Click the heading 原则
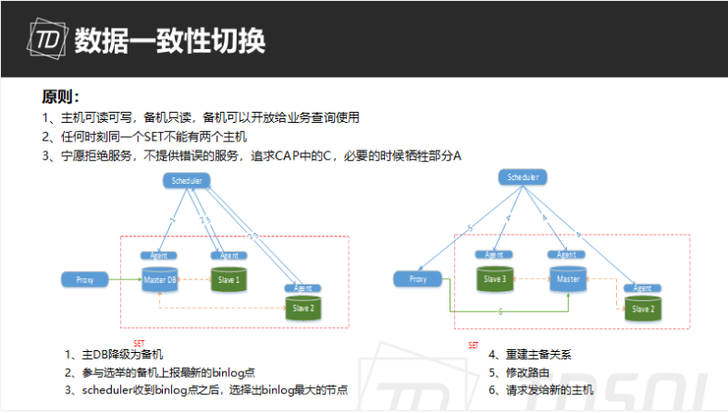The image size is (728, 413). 60,97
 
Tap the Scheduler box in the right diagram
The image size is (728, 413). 524,176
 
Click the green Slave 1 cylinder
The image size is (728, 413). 228,278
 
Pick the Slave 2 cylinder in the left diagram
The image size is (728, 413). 305,308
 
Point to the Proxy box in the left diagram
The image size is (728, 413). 81,277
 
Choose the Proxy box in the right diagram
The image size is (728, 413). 415,277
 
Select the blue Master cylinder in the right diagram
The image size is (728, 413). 565,278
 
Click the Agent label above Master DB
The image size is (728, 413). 158,255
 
